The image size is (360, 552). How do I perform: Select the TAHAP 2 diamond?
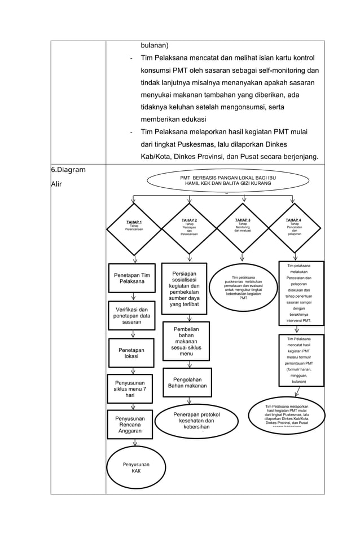(189, 228)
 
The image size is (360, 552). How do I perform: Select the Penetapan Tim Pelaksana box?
(132, 279)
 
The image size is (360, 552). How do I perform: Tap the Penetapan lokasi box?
(131, 354)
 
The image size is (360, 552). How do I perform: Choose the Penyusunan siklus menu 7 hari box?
(130, 389)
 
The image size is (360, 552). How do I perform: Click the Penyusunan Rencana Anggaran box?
(130, 425)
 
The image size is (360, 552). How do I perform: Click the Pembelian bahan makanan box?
(186, 341)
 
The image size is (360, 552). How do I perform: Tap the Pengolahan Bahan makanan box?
(187, 383)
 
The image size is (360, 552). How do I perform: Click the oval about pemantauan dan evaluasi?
(243, 288)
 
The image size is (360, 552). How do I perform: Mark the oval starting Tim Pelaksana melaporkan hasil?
(287, 416)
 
